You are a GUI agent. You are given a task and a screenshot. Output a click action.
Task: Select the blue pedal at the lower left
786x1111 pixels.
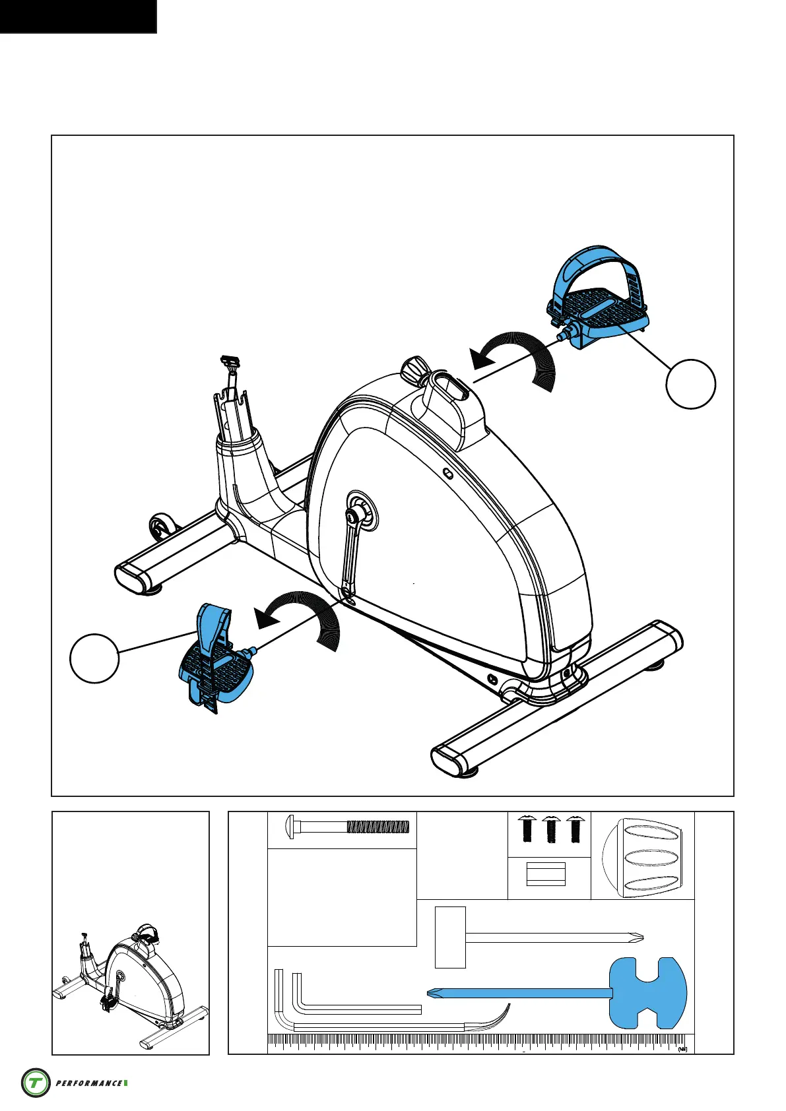pos(214,666)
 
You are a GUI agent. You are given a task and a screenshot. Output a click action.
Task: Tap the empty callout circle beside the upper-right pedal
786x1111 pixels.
pos(690,384)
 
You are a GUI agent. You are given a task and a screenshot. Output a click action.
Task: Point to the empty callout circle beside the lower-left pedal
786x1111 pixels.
pos(94,658)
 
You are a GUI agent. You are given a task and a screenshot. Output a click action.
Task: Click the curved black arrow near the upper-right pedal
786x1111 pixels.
pos(521,360)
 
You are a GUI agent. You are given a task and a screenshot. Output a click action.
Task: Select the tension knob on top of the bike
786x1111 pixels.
pos(414,369)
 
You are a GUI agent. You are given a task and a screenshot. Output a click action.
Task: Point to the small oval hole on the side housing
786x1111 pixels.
pos(447,473)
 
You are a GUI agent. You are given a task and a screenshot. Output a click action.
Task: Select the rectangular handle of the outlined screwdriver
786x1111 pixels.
pos(450,937)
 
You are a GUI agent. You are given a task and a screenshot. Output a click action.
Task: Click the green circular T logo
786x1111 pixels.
pos(36,1083)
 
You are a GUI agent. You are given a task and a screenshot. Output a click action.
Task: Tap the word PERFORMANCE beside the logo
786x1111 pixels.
pos(88,1083)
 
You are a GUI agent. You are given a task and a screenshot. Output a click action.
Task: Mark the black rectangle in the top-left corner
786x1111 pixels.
pos(78,16)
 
